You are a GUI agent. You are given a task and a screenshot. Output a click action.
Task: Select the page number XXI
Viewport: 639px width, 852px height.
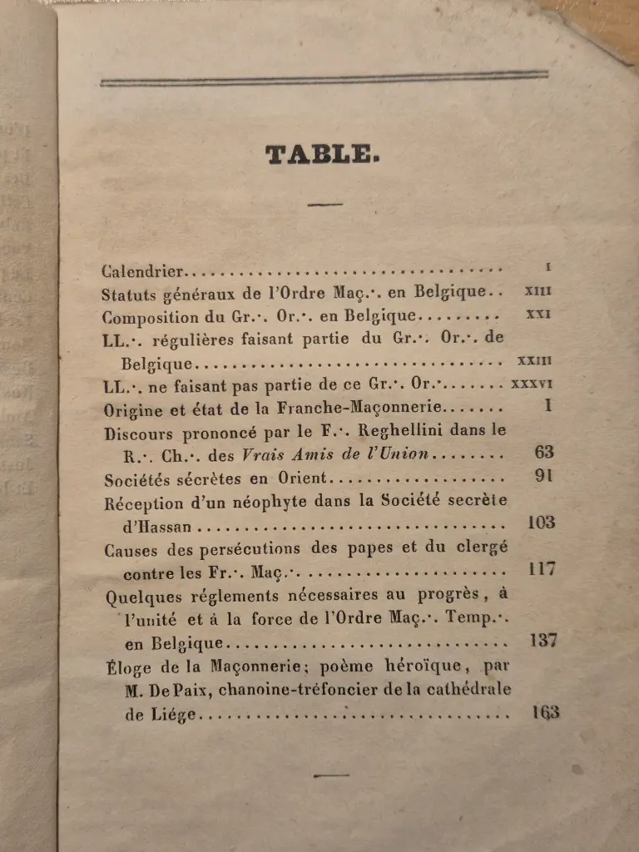(x=540, y=315)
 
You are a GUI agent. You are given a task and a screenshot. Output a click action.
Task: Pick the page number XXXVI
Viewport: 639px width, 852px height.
(x=534, y=384)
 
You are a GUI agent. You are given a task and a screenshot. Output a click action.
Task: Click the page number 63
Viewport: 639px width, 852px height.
(x=544, y=453)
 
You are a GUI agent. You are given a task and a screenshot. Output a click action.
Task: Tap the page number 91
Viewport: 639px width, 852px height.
(x=546, y=478)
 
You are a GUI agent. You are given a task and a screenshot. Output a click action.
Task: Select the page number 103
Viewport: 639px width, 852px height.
(x=542, y=523)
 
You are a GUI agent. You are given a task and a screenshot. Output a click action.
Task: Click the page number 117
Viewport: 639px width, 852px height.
(x=542, y=570)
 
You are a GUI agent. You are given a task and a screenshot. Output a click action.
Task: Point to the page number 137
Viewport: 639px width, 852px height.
(x=542, y=641)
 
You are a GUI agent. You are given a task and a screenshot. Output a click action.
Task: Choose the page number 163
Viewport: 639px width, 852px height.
(x=544, y=712)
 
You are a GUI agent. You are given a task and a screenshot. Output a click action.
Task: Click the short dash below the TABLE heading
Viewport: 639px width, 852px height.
(x=324, y=205)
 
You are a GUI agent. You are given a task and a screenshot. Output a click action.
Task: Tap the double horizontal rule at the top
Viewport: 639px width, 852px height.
(x=324, y=79)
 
